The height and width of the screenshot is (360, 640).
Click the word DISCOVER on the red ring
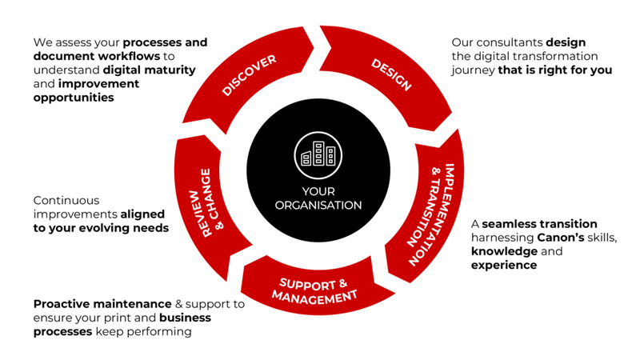pyautogui.click(x=249, y=76)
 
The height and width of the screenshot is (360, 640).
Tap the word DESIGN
pyautogui.click(x=391, y=74)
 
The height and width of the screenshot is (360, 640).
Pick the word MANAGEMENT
pyautogui.click(x=314, y=297)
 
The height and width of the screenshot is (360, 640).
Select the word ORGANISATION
pyautogui.click(x=318, y=205)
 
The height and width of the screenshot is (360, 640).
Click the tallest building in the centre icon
pyautogui.click(x=318, y=153)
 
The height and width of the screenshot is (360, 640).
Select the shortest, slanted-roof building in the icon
pyautogui.click(x=306, y=158)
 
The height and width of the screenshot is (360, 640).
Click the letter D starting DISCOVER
pyautogui.click(x=226, y=90)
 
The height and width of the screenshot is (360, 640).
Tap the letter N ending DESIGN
pyautogui.click(x=406, y=86)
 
